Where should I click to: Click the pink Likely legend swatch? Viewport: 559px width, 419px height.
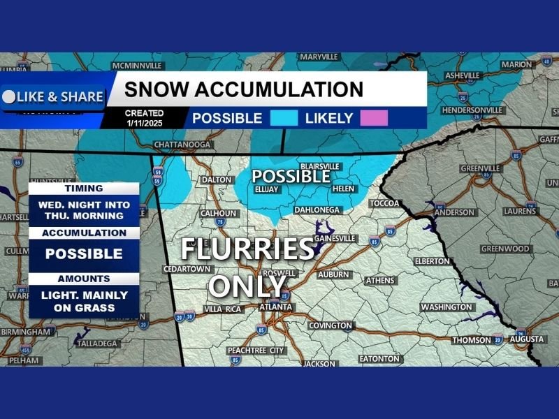[x=374, y=118]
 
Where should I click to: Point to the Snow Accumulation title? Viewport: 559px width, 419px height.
[x=243, y=89]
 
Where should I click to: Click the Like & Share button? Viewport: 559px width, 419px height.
[x=53, y=97]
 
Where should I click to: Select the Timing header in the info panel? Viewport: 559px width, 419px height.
[x=84, y=189]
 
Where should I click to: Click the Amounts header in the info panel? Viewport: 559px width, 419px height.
[x=84, y=278]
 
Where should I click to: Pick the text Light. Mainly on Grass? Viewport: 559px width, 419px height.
[x=84, y=300]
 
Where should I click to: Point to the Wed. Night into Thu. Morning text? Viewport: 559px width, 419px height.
[x=84, y=210]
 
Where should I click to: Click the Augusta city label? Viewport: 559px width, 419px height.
[x=526, y=339]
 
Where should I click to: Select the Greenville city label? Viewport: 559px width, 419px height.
[x=481, y=168]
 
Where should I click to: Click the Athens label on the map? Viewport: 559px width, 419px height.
[x=380, y=280]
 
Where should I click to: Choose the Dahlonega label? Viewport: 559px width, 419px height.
[x=317, y=209]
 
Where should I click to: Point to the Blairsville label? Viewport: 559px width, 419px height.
[x=319, y=166]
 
